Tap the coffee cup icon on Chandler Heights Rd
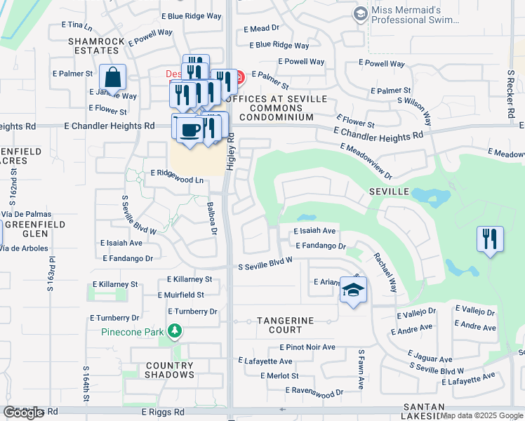[191, 129]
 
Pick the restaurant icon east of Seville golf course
[489, 239]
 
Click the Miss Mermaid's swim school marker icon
[361, 13]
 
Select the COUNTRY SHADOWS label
[169, 370]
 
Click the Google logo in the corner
[23, 413]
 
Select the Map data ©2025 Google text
[481, 416]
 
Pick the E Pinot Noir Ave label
[307, 347]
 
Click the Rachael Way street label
[385, 272]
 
